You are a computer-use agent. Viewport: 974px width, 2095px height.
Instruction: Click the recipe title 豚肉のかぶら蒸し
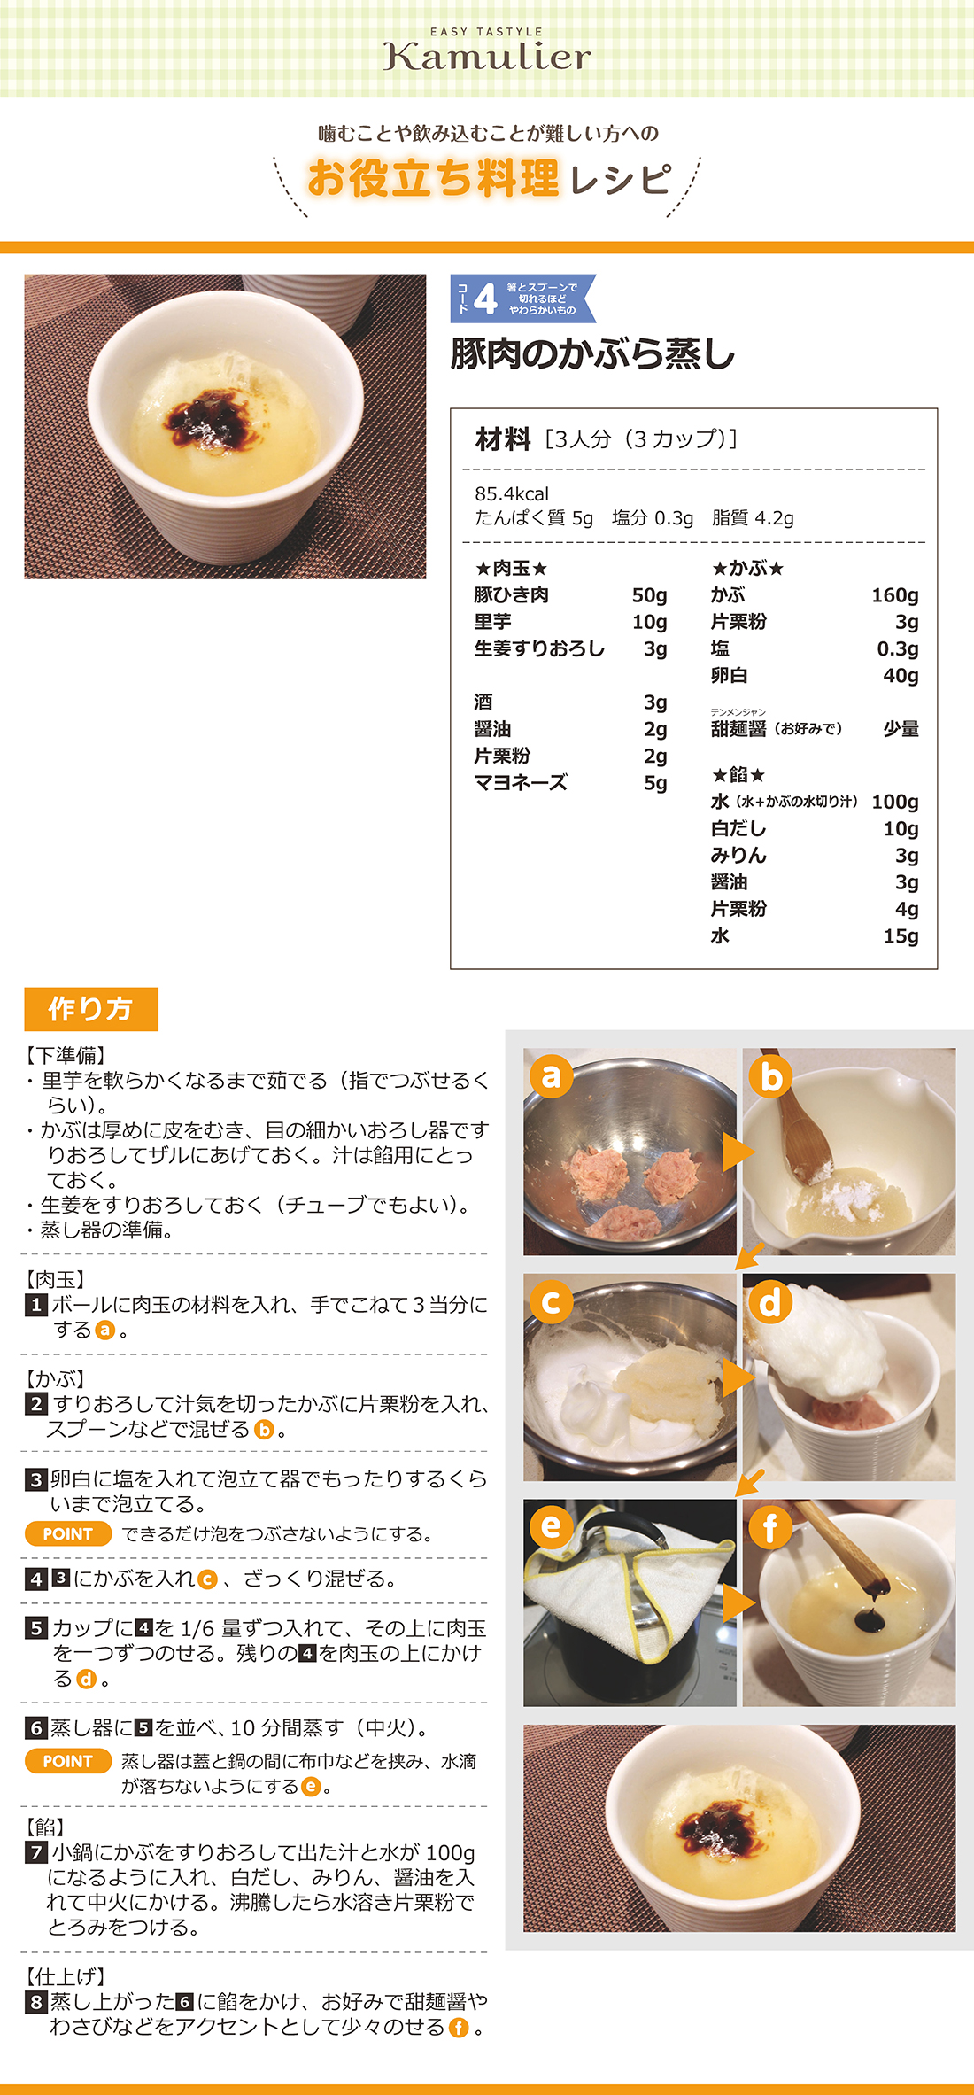(592, 353)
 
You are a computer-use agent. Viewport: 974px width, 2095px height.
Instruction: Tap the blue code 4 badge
(523, 299)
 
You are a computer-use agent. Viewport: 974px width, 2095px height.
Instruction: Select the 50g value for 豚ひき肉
(649, 595)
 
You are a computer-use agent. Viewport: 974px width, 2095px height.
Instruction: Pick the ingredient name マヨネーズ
(521, 783)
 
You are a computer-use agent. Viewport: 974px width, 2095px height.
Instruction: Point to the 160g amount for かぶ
(894, 595)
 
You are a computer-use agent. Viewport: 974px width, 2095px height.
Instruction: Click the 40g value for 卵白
(901, 676)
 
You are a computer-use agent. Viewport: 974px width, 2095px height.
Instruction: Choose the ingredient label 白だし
(738, 829)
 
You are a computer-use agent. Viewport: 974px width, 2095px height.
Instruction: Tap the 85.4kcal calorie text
(512, 494)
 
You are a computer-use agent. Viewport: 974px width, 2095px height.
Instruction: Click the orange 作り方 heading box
(91, 1009)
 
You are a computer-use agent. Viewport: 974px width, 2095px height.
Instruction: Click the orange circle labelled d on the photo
(770, 1301)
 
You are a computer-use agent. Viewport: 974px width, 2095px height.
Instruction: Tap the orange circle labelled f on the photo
(770, 1526)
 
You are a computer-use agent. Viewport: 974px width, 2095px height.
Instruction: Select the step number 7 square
(36, 1852)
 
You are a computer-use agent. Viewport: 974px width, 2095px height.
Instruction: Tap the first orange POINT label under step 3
(68, 1534)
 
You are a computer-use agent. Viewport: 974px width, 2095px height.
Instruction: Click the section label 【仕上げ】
(66, 1976)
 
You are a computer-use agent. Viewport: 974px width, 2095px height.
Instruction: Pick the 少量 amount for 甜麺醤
(901, 729)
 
